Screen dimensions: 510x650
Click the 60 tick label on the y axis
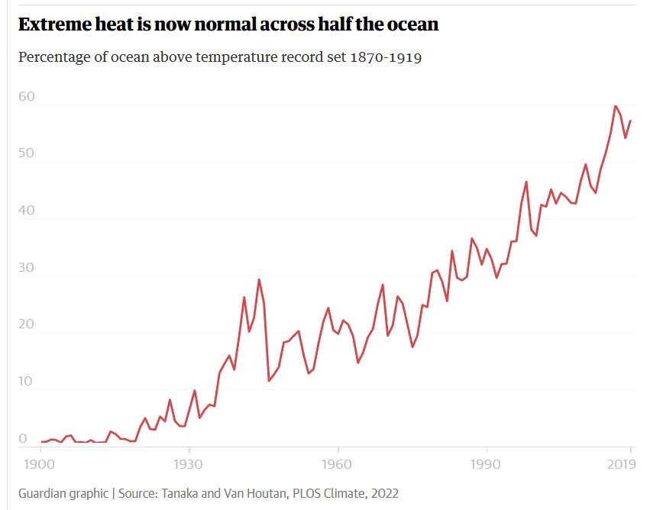[27, 97]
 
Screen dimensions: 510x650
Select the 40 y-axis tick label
[27, 211]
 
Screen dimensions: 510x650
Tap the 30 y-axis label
[27, 268]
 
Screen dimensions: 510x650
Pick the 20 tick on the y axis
[27, 324]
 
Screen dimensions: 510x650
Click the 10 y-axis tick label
[27, 382]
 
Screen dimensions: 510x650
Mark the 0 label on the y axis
[23, 438]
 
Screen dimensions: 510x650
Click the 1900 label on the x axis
[40, 463]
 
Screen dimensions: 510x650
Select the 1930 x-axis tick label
[189, 463]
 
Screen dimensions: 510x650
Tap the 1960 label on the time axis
[337, 463]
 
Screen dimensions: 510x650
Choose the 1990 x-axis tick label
[485, 463]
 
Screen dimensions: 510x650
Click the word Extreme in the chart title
[53, 24]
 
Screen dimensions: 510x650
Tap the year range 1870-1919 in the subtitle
[386, 58]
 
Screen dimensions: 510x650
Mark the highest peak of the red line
[616, 106]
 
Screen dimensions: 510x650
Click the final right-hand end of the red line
[631, 121]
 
